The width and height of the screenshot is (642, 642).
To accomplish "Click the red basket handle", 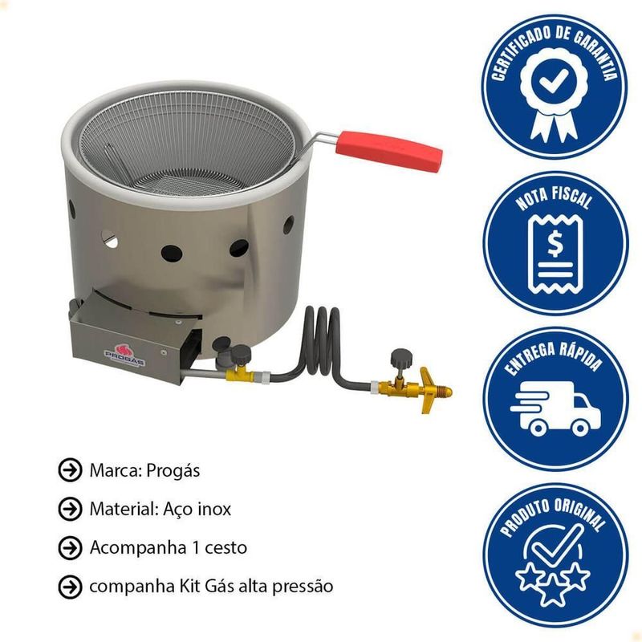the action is point(389,150).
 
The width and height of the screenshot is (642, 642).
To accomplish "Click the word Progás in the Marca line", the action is point(173,471).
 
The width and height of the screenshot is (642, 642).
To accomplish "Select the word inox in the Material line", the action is point(214,510).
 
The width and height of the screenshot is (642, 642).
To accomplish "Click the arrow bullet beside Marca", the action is point(70,470).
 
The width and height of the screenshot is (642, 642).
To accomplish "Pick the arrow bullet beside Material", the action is point(70,509).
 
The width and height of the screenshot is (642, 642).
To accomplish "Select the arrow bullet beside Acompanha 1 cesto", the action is point(70,548).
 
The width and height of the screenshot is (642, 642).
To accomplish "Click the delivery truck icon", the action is point(555,408).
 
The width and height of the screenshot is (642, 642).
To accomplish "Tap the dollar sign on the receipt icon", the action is point(555,243).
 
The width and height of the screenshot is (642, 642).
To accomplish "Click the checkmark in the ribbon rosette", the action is point(553,80).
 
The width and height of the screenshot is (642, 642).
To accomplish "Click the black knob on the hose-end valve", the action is point(401,358).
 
